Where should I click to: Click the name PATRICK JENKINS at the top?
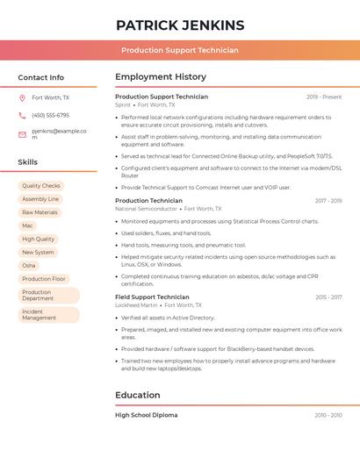[180, 25]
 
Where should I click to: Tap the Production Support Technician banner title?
[180, 50]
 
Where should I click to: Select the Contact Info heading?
[41, 77]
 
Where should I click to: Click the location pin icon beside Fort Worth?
[22, 98]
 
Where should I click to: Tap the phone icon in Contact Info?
[22, 116]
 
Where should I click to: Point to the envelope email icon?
[22, 134]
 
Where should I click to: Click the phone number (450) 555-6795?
[50, 116]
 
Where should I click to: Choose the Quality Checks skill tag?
[41, 186]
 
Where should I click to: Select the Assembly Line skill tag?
[40, 199]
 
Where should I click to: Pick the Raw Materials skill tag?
[40, 212]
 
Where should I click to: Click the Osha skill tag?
[29, 265]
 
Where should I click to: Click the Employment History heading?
[161, 77]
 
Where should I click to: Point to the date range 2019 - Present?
[324, 97]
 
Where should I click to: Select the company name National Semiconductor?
[146, 209]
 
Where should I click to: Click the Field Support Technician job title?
[152, 297]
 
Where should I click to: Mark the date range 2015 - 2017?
[328, 297]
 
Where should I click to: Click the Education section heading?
[138, 396]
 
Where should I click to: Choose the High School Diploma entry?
[146, 415]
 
